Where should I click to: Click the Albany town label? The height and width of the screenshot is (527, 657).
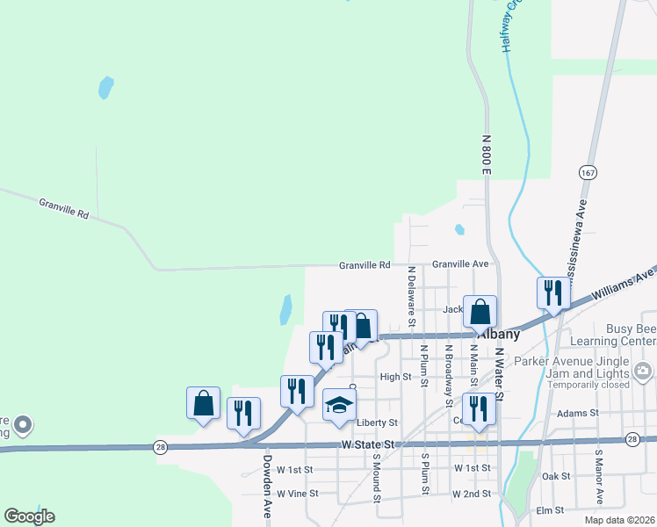tap(498, 335)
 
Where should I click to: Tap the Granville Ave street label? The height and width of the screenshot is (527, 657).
tap(459, 263)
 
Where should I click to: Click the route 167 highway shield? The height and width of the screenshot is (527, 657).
tap(588, 172)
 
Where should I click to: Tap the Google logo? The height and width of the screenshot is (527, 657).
tap(29, 516)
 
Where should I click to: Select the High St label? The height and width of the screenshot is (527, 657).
tap(395, 377)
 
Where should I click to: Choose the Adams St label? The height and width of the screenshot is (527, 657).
tap(577, 412)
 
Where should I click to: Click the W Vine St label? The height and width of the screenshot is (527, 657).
tap(296, 494)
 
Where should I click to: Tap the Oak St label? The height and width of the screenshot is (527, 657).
tap(557, 476)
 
